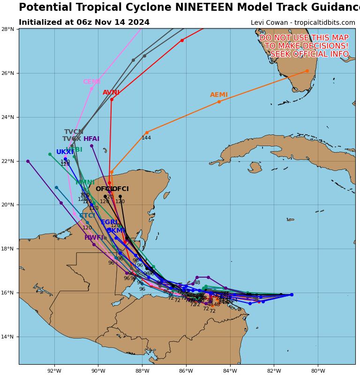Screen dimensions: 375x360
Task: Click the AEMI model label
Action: click(x=219, y=95)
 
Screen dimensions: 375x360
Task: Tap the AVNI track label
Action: click(x=111, y=93)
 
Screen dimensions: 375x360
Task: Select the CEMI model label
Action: click(x=91, y=82)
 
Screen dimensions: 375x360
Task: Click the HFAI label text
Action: click(x=91, y=139)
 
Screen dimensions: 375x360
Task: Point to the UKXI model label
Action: click(x=65, y=152)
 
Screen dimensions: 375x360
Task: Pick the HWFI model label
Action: click(x=94, y=238)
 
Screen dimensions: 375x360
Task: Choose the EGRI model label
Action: click(x=110, y=222)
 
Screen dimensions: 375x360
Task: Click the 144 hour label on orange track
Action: click(x=146, y=138)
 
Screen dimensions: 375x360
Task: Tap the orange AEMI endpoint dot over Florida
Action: click(x=307, y=71)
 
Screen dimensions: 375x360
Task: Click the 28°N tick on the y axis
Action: click(x=9, y=29)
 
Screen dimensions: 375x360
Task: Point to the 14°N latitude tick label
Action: click(x=9, y=337)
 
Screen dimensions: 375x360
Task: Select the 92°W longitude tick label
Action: click(x=54, y=371)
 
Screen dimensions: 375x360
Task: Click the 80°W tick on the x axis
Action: click(x=318, y=371)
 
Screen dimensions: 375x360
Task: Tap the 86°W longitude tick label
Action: click(x=186, y=371)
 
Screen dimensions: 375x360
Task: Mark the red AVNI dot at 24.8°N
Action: click(x=112, y=99)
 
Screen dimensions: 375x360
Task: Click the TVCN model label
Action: click(x=74, y=132)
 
